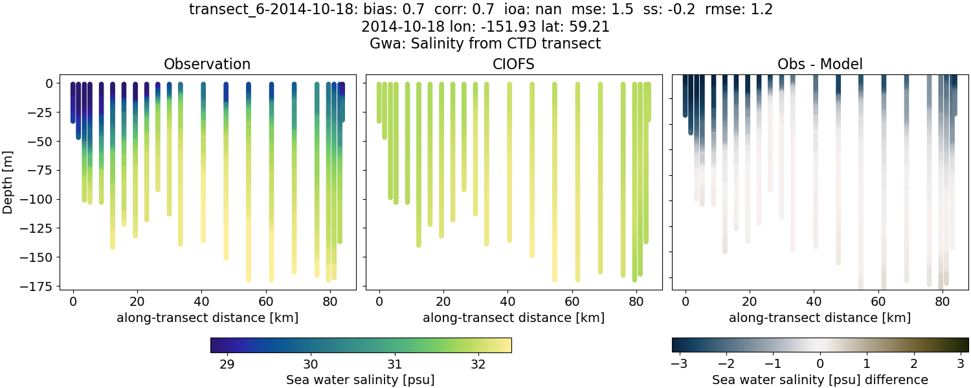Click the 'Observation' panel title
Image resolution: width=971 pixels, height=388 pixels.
point(207,64)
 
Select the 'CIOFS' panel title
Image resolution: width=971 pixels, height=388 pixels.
point(513,64)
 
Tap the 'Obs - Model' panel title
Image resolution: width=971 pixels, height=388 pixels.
point(820,64)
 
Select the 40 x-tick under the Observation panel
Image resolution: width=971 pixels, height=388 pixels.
point(201,301)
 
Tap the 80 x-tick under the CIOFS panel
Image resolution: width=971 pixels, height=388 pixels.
point(636,301)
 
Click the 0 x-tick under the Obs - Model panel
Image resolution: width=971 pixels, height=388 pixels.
point(686,301)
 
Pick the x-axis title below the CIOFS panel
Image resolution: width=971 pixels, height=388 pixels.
point(513,318)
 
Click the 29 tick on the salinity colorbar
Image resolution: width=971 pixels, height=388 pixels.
point(227,364)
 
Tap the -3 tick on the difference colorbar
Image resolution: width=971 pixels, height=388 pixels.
point(679,364)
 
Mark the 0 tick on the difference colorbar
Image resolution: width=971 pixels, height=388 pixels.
point(820,364)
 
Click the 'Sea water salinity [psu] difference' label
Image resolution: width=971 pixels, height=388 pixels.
point(820,380)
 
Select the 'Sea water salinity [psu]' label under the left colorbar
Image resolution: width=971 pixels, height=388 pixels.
point(361,380)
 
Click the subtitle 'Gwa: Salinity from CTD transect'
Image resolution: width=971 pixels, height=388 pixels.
point(485,44)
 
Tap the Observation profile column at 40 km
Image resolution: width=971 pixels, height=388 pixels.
point(203,162)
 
